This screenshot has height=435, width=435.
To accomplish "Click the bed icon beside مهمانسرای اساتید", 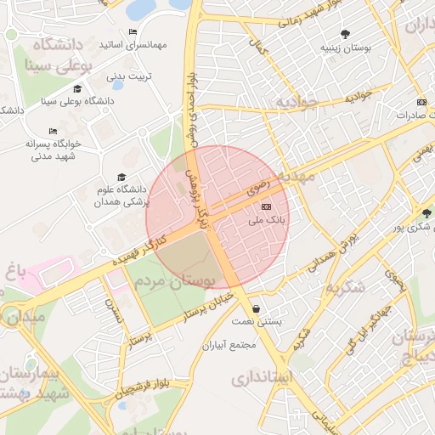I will pos(133,31).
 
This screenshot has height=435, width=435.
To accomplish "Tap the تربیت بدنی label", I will pos(127,76).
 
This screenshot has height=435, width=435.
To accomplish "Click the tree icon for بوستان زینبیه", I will pos(345,34).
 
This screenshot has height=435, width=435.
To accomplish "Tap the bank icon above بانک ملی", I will pos(266,206).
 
